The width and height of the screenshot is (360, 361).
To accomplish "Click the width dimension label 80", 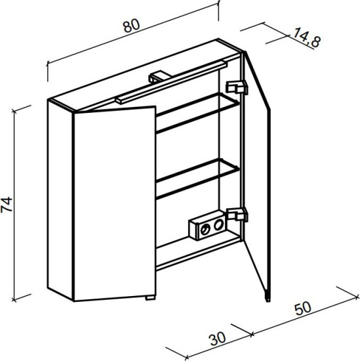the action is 131,26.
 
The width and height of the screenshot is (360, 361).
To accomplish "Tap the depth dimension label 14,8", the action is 307,37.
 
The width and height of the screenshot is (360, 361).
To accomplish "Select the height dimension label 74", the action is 7,204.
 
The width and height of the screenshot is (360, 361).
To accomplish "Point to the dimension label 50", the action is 303,308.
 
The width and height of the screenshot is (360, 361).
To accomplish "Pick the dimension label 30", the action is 218,339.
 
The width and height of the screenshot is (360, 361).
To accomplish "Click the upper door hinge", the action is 237,88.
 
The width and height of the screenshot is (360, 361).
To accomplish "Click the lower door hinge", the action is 237,214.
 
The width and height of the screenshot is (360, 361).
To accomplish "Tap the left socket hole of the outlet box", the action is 205,229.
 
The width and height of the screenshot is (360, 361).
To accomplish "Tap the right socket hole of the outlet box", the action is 218,224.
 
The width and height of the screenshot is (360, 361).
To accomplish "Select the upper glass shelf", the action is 198,113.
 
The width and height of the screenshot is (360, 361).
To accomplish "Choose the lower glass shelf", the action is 198,179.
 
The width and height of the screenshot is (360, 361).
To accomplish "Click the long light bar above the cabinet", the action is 171,82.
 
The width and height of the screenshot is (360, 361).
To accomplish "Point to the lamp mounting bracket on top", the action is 157,77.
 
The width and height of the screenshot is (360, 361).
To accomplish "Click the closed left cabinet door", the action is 115,203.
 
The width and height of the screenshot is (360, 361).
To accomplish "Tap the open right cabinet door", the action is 257,175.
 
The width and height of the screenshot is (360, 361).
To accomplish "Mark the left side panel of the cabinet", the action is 61,200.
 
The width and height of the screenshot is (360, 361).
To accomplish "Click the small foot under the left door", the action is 150,298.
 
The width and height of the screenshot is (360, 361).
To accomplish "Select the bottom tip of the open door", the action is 268,301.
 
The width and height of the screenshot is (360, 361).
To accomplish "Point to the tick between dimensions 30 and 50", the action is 252,333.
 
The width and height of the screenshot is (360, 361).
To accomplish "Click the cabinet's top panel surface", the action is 145,75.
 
